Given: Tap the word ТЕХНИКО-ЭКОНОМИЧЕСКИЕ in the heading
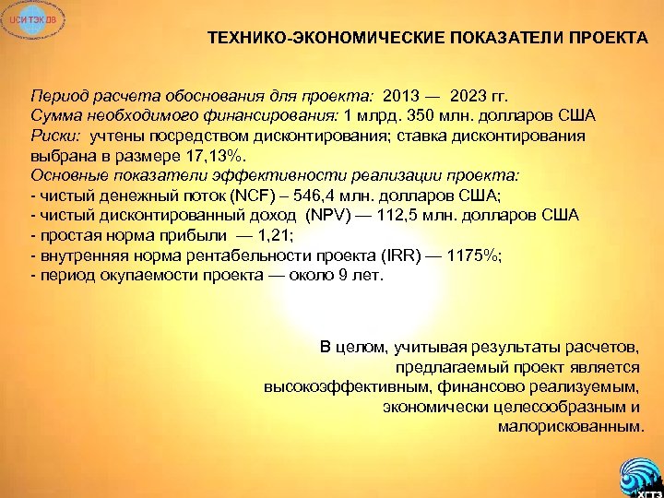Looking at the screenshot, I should pyautogui.click(x=326, y=41).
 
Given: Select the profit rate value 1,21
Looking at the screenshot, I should pyautogui.click(x=267, y=236).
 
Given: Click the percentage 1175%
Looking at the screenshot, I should pyautogui.click(x=470, y=255).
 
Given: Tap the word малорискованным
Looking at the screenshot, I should pyautogui.click(x=570, y=427).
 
